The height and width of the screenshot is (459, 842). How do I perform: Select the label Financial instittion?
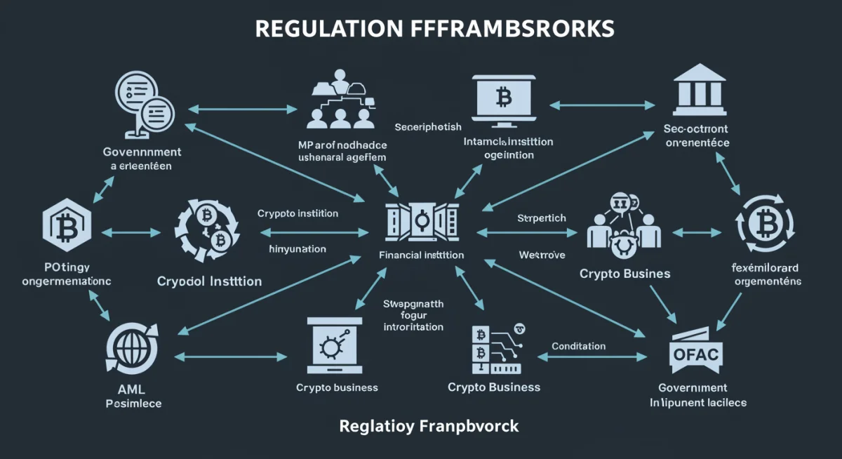421,255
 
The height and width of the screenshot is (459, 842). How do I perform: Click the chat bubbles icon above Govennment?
146,106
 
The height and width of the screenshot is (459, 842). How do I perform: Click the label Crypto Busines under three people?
624,274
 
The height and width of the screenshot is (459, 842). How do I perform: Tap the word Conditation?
578,346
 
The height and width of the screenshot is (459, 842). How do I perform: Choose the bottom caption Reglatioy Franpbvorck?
429,426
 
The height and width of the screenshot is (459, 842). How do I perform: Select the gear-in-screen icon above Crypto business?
333,346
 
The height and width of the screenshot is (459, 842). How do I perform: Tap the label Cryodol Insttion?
210,281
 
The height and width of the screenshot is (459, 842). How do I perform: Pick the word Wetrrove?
542,254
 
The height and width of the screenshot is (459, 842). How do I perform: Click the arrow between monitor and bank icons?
601,105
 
